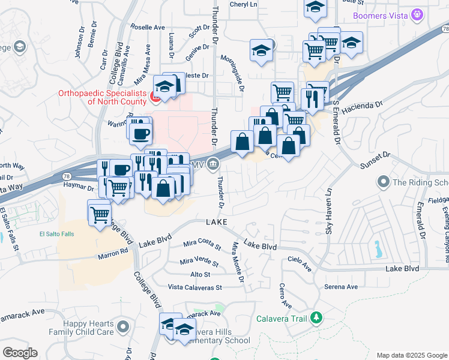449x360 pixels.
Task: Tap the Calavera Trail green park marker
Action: click(x=315, y=317)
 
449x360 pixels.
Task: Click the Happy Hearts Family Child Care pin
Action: click(x=123, y=327)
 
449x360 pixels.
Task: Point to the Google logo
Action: click(x=20, y=353)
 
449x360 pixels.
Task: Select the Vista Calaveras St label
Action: click(x=194, y=287)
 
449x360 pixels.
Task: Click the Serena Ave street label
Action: click(x=340, y=287)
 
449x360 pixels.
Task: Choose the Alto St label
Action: click(x=200, y=274)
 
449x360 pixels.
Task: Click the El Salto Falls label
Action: click(x=56, y=234)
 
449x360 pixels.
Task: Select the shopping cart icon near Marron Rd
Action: click(x=99, y=214)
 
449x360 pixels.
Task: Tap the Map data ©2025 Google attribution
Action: click(x=412, y=355)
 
